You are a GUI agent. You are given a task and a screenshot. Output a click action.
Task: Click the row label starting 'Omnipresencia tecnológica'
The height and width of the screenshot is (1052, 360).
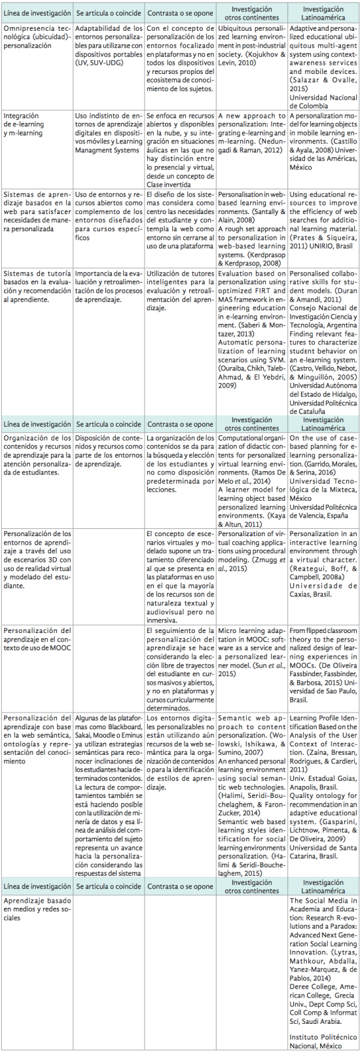coord(36,37)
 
